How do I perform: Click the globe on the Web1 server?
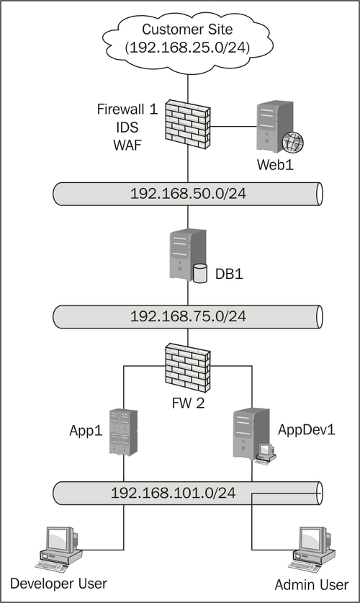[293, 142]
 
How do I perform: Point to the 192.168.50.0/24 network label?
[188, 194]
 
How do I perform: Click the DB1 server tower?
[187, 255]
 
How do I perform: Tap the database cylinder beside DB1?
[199, 274]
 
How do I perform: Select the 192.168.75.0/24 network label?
[188, 316]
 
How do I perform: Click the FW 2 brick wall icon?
[188, 368]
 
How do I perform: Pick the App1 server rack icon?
[123, 433]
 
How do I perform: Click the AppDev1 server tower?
[251, 434]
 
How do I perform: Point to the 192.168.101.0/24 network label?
[174, 493]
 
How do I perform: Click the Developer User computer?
[58, 548]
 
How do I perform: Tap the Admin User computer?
[312, 548]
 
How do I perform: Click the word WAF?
[127, 146]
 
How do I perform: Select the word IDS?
[127, 128]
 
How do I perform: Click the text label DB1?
[229, 274]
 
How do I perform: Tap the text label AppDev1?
[307, 429]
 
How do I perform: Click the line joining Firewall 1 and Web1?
[233, 126]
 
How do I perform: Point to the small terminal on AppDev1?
[266, 454]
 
